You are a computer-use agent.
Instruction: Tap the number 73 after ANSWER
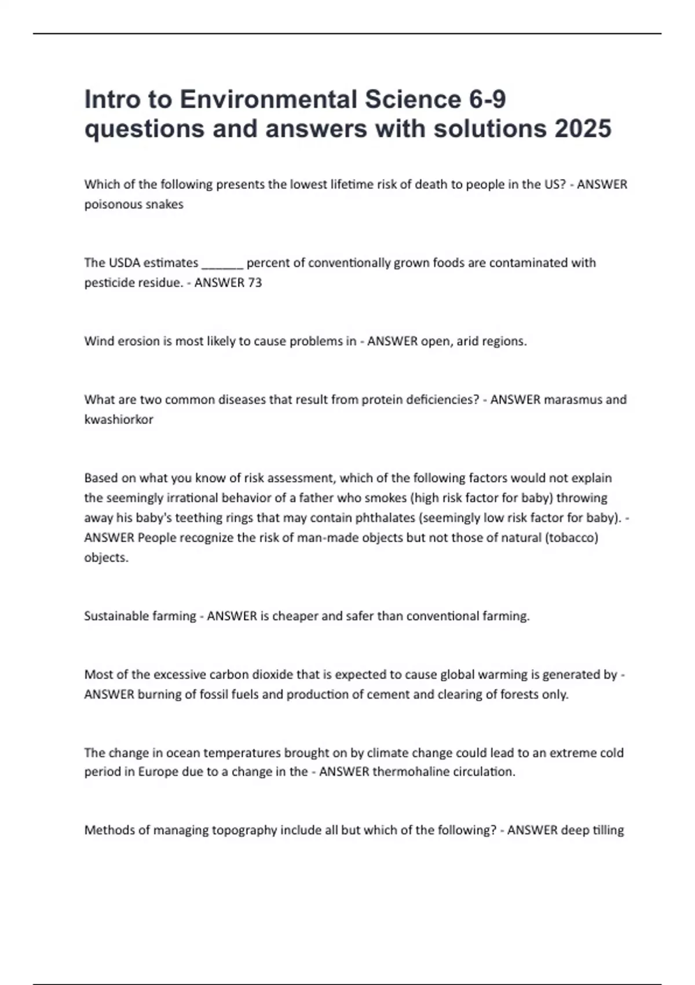pyautogui.click(x=255, y=283)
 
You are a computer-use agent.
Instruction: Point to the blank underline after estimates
pyautogui.click(x=222, y=264)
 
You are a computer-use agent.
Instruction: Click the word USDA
pyautogui.click(x=125, y=263)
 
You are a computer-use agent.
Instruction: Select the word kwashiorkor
pyautogui.click(x=119, y=419)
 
